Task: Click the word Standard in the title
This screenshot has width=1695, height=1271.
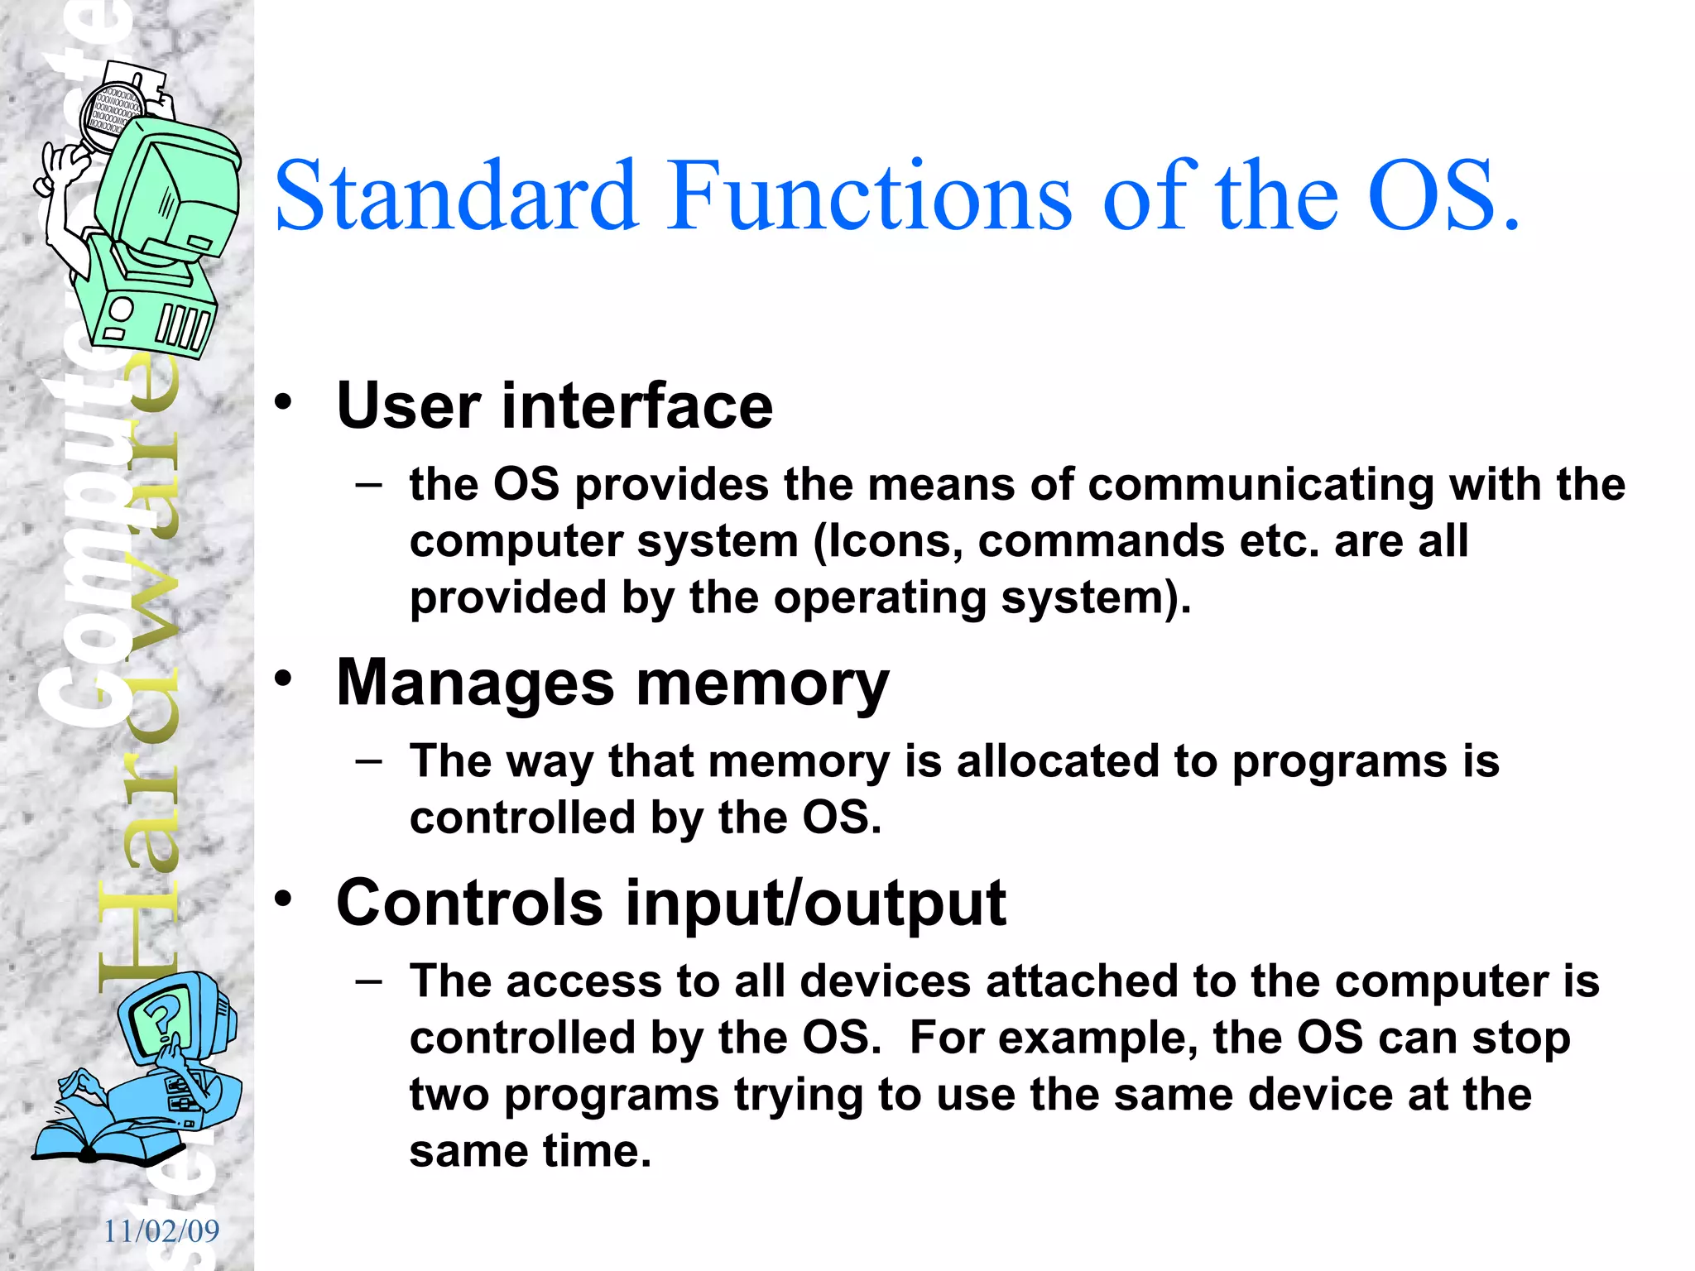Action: tap(456, 197)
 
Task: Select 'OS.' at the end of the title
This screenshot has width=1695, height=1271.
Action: tap(1443, 197)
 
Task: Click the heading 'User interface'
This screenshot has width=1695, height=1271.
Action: tap(555, 405)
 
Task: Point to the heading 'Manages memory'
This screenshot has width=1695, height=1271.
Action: tap(612, 683)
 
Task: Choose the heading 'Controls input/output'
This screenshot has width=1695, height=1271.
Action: tap(671, 903)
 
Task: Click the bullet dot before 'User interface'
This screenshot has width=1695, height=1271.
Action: tap(284, 403)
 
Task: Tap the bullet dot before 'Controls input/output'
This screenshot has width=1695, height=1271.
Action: tap(284, 899)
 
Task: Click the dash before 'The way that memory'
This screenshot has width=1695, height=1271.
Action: tap(369, 760)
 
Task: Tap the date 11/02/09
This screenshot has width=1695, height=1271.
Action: tap(161, 1231)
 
